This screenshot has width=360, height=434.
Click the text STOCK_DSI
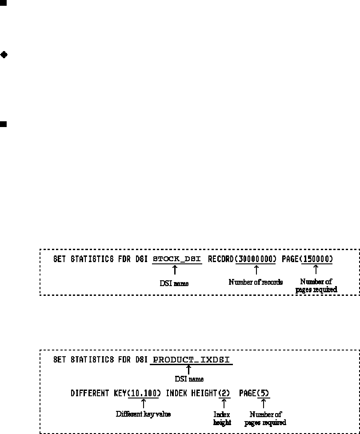pos(177,259)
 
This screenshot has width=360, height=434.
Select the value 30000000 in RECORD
pos(256,259)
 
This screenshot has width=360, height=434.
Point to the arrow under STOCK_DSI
pos(175,269)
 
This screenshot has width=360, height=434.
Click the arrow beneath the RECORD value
pos(256,269)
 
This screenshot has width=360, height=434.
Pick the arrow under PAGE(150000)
pos(316,269)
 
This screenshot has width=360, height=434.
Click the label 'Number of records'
pos(256,282)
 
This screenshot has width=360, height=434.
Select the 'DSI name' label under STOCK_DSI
pos(174,283)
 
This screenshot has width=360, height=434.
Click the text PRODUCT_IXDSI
pos(192,360)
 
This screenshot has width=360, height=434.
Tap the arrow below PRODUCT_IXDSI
pos(188,369)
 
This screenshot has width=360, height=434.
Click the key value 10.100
pos(144,394)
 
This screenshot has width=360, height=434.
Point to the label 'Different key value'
pos(143,414)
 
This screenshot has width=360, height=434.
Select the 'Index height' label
pos(222,418)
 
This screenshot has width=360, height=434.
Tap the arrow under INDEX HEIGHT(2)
pos(224,403)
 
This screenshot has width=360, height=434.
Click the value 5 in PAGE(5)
pos(263,394)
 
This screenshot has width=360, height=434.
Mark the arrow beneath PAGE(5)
pos(263,403)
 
